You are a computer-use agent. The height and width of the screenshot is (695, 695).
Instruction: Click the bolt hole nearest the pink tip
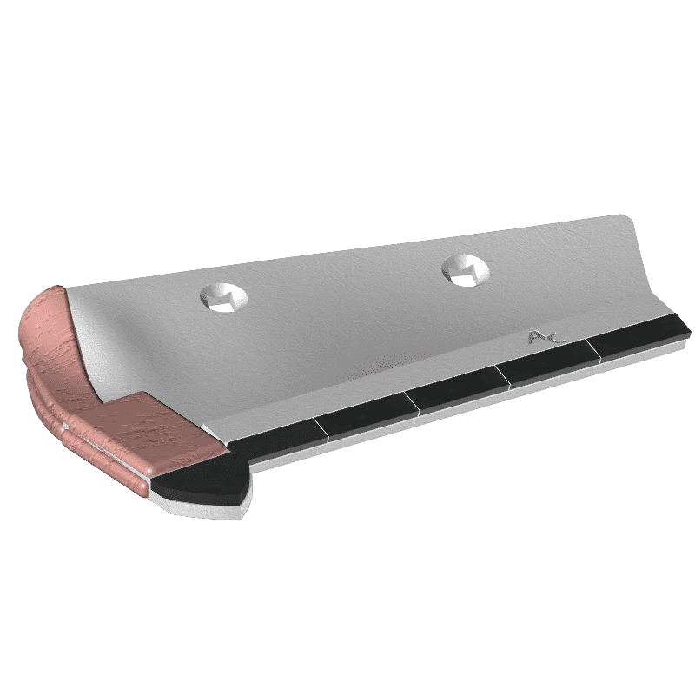pos(224,297)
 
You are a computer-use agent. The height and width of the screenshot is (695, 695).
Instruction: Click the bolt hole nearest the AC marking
pos(466,270)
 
